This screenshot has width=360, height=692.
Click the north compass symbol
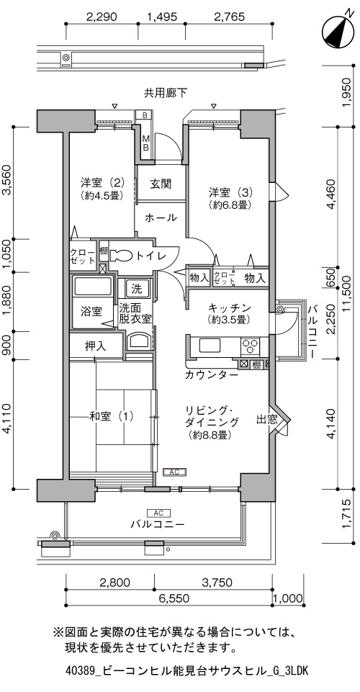(x=338, y=32)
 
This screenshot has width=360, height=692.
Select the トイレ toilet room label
(x=150, y=256)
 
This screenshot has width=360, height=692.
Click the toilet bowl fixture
(x=120, y=256)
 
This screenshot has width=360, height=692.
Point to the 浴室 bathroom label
(x=91, y=311)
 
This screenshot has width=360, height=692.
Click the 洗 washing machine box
(x=136, y=289)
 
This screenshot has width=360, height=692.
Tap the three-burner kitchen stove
(x=251, y=346)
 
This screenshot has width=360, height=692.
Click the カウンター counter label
(x=212, y=375)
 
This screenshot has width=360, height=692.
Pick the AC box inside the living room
(x=175, y=472)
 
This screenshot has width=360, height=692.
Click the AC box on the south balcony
(x=159, y=513)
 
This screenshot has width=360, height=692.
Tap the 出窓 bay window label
(x=267, y=420)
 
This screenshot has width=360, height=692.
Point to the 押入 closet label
(x=95, y=346)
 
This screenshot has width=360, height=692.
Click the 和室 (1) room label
(x=111, y=415)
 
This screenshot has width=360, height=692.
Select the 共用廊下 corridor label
(x=166, y=93)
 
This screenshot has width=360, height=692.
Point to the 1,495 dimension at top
(x=162, y=17)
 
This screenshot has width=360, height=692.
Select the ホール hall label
(x=161, y=217)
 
